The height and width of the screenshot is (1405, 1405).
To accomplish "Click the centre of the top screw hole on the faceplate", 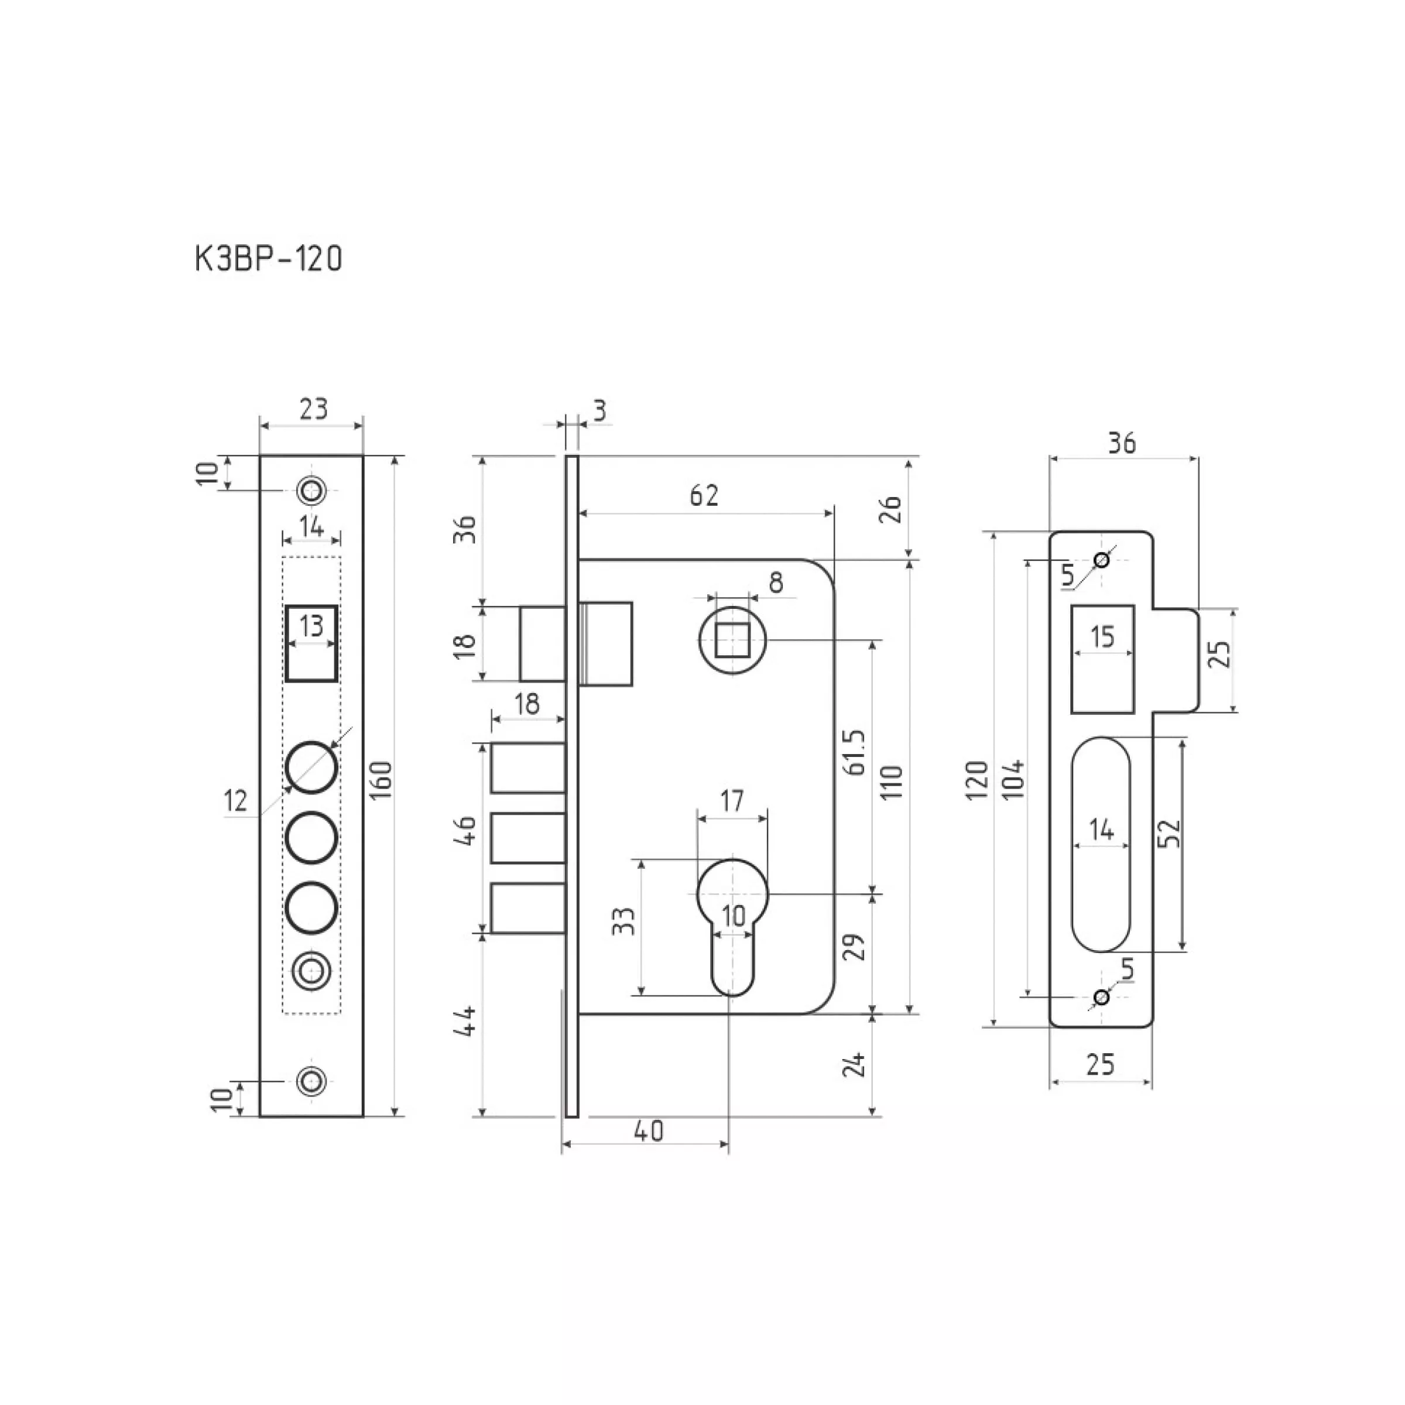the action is coord(312,490).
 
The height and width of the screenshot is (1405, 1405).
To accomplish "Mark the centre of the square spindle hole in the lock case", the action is coord(732,640).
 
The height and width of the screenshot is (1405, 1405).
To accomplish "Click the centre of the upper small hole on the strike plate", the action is coord(1102,561).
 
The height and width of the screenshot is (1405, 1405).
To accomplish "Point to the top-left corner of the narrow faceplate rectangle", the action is coord(261,456).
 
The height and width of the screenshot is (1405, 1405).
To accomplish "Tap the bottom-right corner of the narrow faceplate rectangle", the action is coord(363,1116).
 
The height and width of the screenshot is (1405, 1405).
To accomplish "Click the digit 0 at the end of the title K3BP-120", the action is coord(333,259).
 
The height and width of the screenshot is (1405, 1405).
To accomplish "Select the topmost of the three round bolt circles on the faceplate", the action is coord(312,767).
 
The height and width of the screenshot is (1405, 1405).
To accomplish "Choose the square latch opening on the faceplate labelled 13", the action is coord(311,643).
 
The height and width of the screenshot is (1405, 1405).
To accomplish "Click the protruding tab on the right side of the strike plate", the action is coord(1175,660).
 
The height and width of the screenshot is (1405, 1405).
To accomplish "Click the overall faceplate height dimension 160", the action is coord(384,780).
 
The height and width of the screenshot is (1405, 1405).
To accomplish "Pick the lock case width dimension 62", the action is coord(704,495).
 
